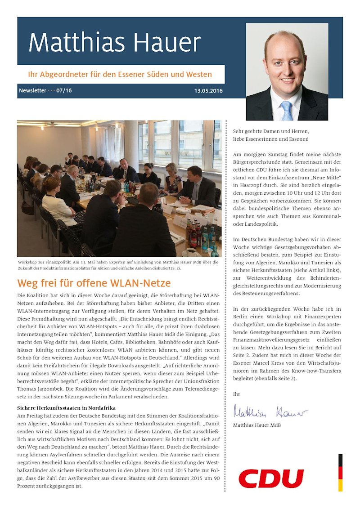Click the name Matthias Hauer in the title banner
coord(114,43)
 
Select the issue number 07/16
coord(64,91)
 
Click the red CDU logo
coord(271,478)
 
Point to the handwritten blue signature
coord(270,411)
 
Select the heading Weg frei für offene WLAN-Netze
coord(94,284)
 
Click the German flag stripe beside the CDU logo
coord(340,472)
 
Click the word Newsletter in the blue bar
coord(32,91)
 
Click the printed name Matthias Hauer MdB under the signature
coord(257,425)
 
